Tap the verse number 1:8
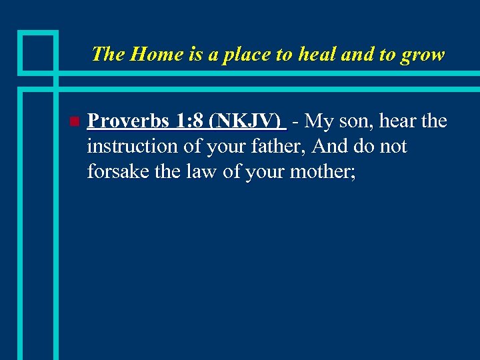pos(189,121)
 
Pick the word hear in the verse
pos(397,121)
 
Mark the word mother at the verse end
pos(327,172)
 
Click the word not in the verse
pos(393,147)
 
